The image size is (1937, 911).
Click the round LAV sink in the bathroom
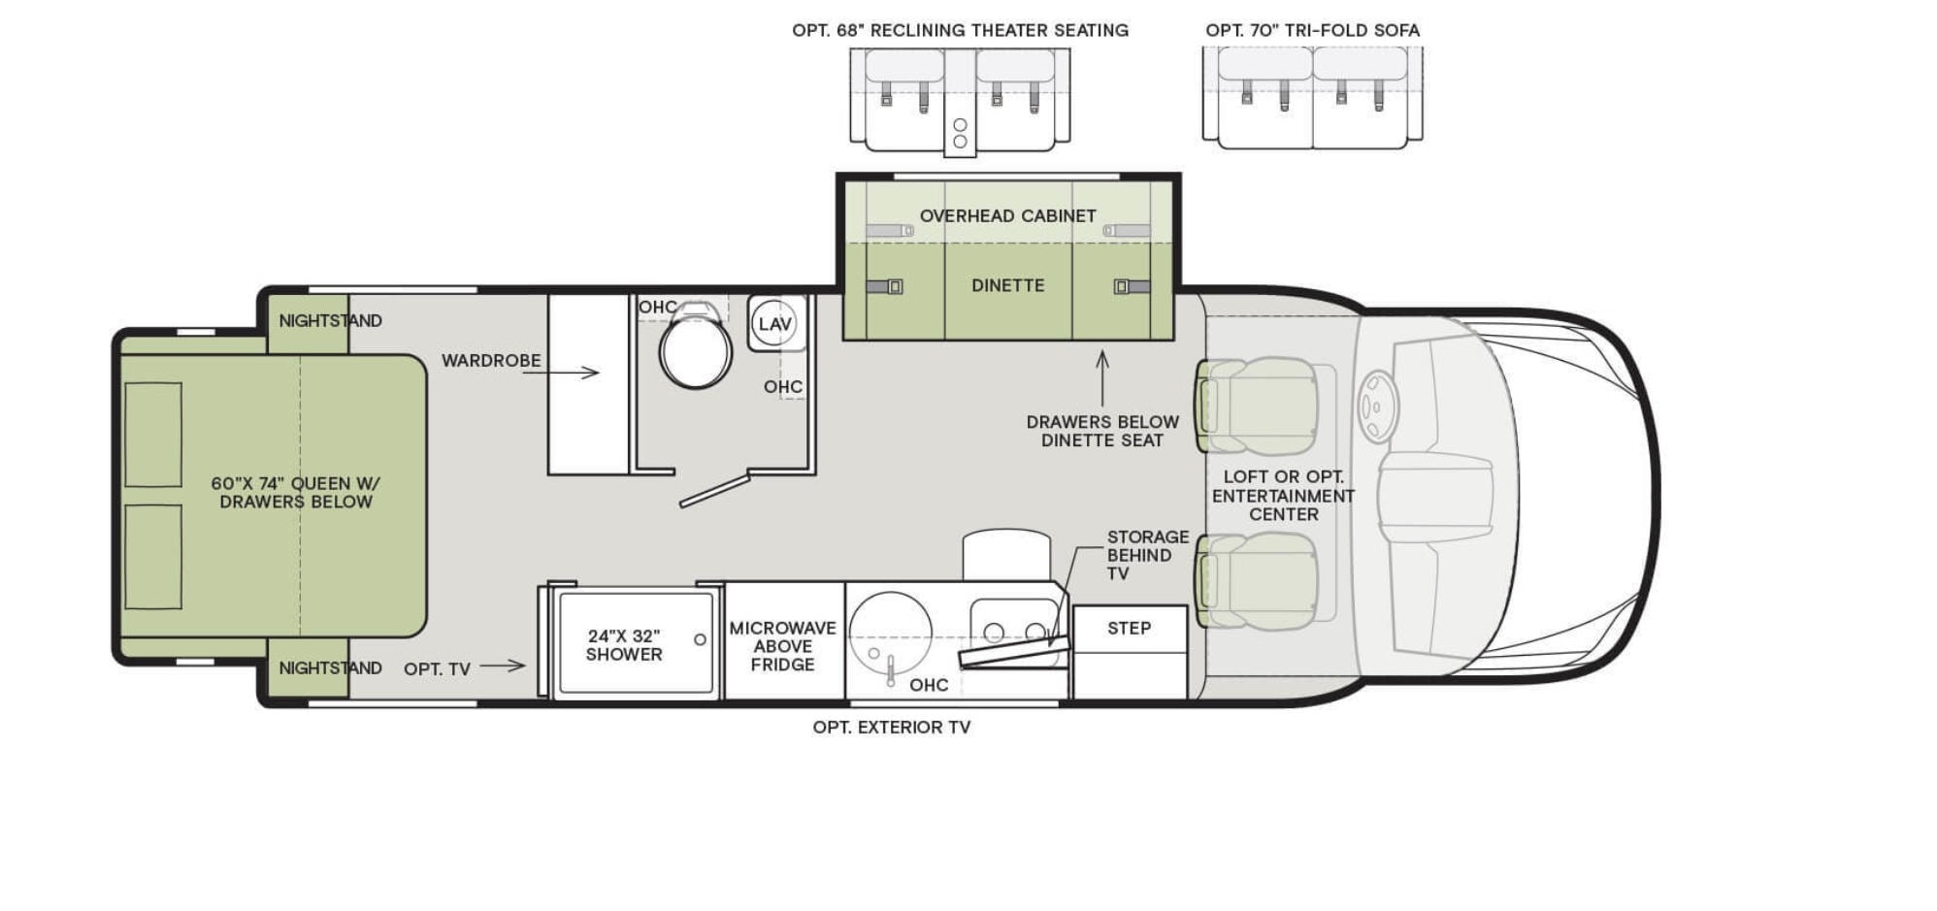click(774, 324)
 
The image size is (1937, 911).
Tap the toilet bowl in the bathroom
click(695, 351)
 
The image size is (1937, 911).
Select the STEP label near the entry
click(1130, 629)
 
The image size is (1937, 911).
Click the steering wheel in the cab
click(1377, 407)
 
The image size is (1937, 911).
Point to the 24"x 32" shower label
click(624, 645)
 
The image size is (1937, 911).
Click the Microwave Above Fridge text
click(782, 646)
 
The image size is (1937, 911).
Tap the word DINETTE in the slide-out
click(1008, 285)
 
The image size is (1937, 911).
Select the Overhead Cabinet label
click(1008, 215)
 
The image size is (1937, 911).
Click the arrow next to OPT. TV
click(503, 666)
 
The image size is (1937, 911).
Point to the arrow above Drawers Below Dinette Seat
click(1102, 378)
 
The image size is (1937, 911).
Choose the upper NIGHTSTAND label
click(330, 320)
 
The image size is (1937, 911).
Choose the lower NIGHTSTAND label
click(330, 667)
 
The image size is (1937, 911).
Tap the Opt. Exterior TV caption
click(892, 727)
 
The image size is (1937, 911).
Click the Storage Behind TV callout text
click(1147, 555)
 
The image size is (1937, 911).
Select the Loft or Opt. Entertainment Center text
click(1283, 496)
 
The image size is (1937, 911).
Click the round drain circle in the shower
click(700, 639)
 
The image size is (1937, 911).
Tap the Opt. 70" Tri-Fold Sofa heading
click(1312, 30)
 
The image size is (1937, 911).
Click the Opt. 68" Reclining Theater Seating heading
click(960, 30)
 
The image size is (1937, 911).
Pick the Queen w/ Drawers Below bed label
click(296, 493)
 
